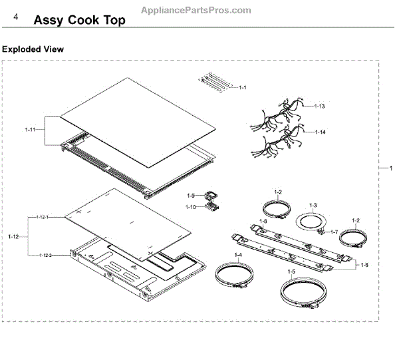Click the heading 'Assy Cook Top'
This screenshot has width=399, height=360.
click(79, 20)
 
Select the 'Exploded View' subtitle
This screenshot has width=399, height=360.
click(33, 49)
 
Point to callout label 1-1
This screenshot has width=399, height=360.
click(243, 88)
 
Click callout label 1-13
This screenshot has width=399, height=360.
click(320, 106)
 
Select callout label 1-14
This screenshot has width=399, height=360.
click(320, 132)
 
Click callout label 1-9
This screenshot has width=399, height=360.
click(190, 196)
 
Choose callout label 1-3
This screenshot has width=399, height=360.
click(313, 205)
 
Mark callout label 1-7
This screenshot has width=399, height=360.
click(334, 232)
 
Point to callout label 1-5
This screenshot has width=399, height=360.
click(291, 271)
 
